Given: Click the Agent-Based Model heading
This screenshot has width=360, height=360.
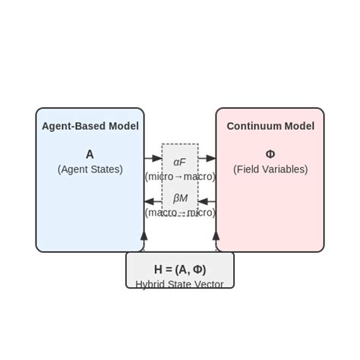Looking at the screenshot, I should click(90, 126).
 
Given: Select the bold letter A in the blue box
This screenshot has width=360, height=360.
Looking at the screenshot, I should click(90, 154).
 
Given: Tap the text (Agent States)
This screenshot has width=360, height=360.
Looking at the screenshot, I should click(90, 169).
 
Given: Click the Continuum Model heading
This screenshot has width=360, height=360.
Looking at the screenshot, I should click(270, 126).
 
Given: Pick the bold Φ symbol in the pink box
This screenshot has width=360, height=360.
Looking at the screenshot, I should click(270, 154).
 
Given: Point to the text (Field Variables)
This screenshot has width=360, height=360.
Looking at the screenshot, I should click(270, 169).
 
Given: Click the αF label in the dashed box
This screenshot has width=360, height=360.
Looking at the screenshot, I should click(179, 162).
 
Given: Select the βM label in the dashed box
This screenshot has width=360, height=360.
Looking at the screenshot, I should click(179, 198).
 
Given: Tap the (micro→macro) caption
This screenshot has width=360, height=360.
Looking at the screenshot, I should click(180, 176).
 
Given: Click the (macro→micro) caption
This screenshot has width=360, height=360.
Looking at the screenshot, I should click(180, 213).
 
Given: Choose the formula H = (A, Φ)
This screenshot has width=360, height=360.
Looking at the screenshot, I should click(180, 270).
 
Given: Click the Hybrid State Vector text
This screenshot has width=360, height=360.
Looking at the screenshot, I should click(180, 284).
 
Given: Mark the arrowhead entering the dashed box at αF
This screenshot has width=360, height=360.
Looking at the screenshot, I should click(157, 159).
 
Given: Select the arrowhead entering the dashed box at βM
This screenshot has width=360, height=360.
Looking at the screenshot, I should click(203, 202).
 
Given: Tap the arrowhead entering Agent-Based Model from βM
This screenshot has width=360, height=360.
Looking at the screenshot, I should click(149, 202).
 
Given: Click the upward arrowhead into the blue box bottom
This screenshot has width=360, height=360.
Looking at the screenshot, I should click(144, 236).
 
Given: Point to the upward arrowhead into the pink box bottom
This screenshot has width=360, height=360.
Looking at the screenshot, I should click(216, 236).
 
